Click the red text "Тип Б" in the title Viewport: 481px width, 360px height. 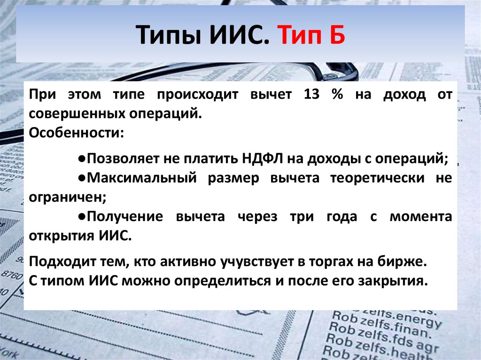click(x=311, y=35)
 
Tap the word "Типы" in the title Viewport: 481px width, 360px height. click(x=169, y=35)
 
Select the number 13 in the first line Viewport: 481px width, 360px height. click(x=312, y=94)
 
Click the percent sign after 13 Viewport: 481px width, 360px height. click(x=337, y=94)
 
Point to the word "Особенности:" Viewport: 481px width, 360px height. click(x=77, y=133)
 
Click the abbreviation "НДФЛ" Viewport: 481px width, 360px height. click(x=263, y=159)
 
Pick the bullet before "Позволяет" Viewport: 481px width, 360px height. click(x=82, y=159)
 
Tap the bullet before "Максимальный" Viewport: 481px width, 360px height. click(x=82, y=178)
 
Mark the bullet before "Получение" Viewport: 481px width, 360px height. click(x=82, y=216)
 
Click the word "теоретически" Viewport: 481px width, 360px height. click(x=377, y=178)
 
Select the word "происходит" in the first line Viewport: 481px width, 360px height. click(x=198, y=95)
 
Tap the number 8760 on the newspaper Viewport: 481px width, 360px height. click(x=12, y=275)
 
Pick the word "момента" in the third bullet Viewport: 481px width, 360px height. click(x=421, y=217)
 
